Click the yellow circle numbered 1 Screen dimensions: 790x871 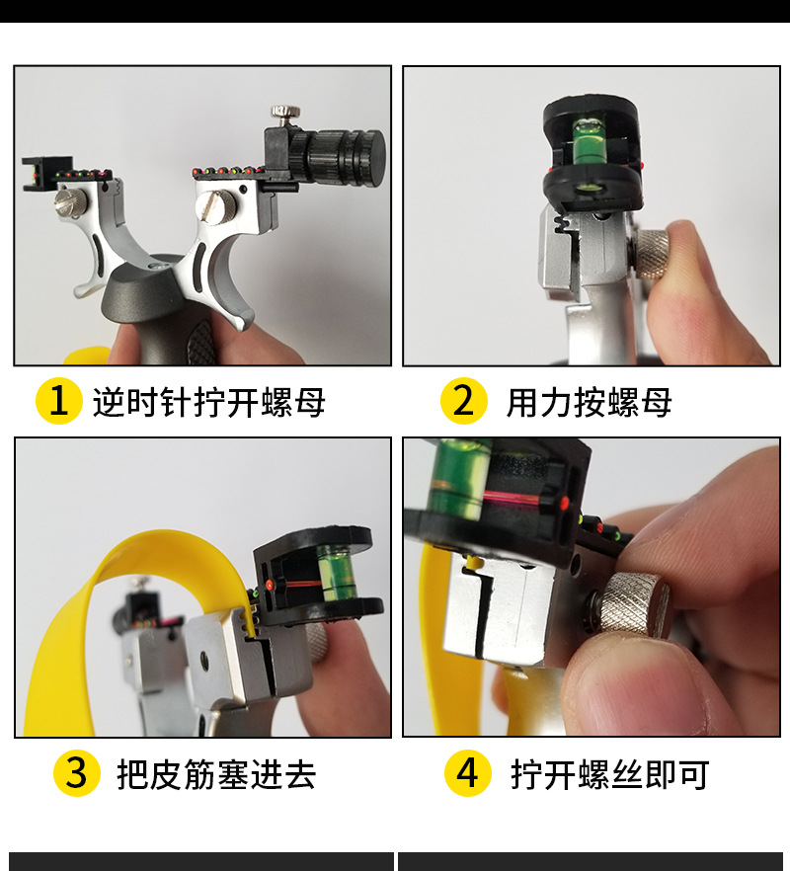[59, 401]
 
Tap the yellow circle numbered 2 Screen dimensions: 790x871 [463, 401]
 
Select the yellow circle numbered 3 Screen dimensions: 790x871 [77, 772]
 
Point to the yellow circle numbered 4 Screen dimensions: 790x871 [468, 772]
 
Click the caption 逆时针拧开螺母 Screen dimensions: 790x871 [208, 402]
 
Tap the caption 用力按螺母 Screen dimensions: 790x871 [589, 402]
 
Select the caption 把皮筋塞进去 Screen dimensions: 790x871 [216, 774]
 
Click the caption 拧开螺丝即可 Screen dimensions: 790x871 [609, 774]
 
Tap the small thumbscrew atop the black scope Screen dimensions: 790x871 [285, 114]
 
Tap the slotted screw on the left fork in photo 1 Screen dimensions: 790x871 [71, 202]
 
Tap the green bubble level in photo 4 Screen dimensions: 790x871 [458, 478]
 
